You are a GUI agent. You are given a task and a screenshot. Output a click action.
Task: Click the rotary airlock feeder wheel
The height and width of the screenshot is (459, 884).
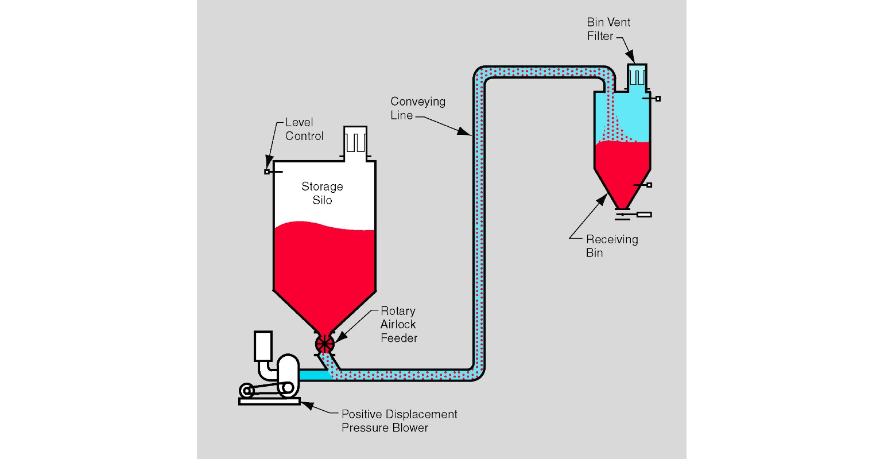(324, 344)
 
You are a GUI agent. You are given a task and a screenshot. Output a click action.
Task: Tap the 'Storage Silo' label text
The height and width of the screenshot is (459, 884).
(322, 193)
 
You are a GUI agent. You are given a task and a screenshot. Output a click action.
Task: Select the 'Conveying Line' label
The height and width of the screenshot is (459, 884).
(417, 108)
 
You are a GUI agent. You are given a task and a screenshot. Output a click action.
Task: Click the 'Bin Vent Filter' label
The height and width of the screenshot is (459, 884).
(608, 29)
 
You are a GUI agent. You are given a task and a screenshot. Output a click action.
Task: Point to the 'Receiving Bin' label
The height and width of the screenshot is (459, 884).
(611, 246)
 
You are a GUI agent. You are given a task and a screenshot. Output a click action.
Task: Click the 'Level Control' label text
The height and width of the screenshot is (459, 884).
(304, 129)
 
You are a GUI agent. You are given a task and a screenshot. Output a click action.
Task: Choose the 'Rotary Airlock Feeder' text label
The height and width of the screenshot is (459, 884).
(398, 324)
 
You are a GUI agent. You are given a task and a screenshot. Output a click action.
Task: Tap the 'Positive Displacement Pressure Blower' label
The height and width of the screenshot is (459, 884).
(399, 421)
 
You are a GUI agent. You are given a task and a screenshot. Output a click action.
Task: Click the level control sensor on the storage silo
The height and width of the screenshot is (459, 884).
(268, 172)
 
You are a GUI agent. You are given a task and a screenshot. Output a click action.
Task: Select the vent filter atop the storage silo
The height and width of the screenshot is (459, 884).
(355, 141)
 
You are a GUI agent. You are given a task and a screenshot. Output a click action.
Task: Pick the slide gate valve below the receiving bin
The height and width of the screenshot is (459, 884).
(634, 215)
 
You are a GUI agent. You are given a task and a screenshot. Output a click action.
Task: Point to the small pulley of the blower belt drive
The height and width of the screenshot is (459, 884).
(247, 392)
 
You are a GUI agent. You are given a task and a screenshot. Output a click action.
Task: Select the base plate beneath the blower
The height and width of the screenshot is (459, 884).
(269, 401)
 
